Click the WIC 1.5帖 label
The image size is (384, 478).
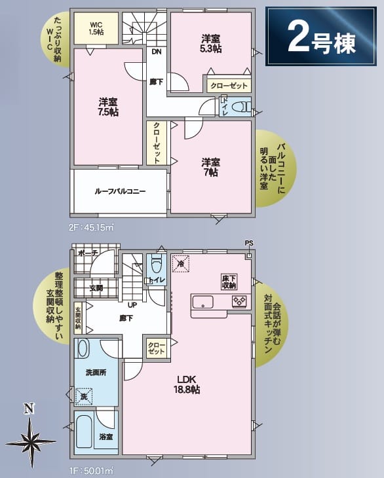point(96,28)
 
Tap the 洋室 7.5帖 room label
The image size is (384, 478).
point(108,107)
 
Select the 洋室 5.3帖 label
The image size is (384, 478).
point(211,44)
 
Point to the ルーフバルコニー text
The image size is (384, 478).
point(120,191)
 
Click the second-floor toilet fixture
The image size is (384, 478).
point(240,107)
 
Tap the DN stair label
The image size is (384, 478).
point(157,52)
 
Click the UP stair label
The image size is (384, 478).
point(132,304)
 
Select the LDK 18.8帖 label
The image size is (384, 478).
point(187,384)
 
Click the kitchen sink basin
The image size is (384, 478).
point(202,302)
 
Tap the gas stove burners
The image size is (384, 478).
point(240,301)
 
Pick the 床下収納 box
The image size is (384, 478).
point(229,282)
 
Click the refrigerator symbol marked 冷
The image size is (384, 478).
point(181,264)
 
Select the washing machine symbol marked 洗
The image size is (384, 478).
point(84,396)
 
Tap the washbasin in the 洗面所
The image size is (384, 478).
point(83,348)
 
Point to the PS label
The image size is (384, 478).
point(249,244)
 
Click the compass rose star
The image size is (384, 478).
point(31,442)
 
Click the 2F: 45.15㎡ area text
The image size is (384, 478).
point(92,228)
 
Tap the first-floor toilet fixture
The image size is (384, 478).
point(157,265)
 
